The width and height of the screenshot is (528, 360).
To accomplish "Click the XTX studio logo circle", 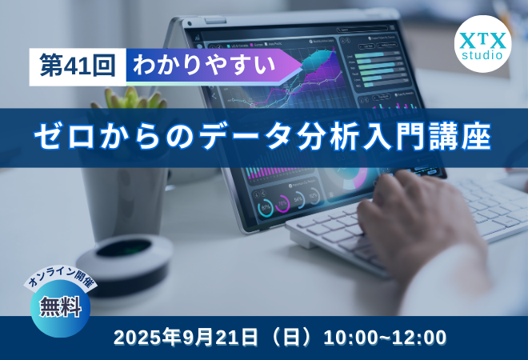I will click(x=482, y=44).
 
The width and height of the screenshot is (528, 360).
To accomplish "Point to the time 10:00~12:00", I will click(x=385, y=338).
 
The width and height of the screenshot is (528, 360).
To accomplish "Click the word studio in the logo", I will click(x=482, y=56).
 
